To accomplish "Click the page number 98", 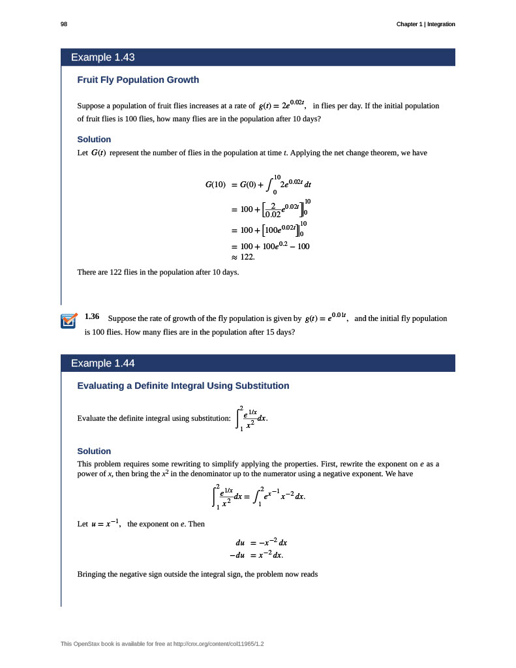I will tap(64, 24).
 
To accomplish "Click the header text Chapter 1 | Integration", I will tap(425, 24).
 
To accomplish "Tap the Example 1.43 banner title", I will tap(102, 57).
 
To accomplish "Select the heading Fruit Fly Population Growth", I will tap(138, 80).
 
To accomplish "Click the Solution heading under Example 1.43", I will tap(94, 139).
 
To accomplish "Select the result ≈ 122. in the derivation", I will tap(247, 257).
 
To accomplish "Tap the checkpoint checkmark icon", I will tap(69, 322).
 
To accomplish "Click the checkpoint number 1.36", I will tap(92, 317).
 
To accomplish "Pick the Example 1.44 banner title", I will tap(102, 363).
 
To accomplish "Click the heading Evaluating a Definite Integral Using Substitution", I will tap(183, 386).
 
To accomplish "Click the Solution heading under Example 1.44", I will tap(94, 451).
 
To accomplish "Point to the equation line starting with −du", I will tap(256, 555).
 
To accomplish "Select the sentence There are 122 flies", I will tap(158, 271).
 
